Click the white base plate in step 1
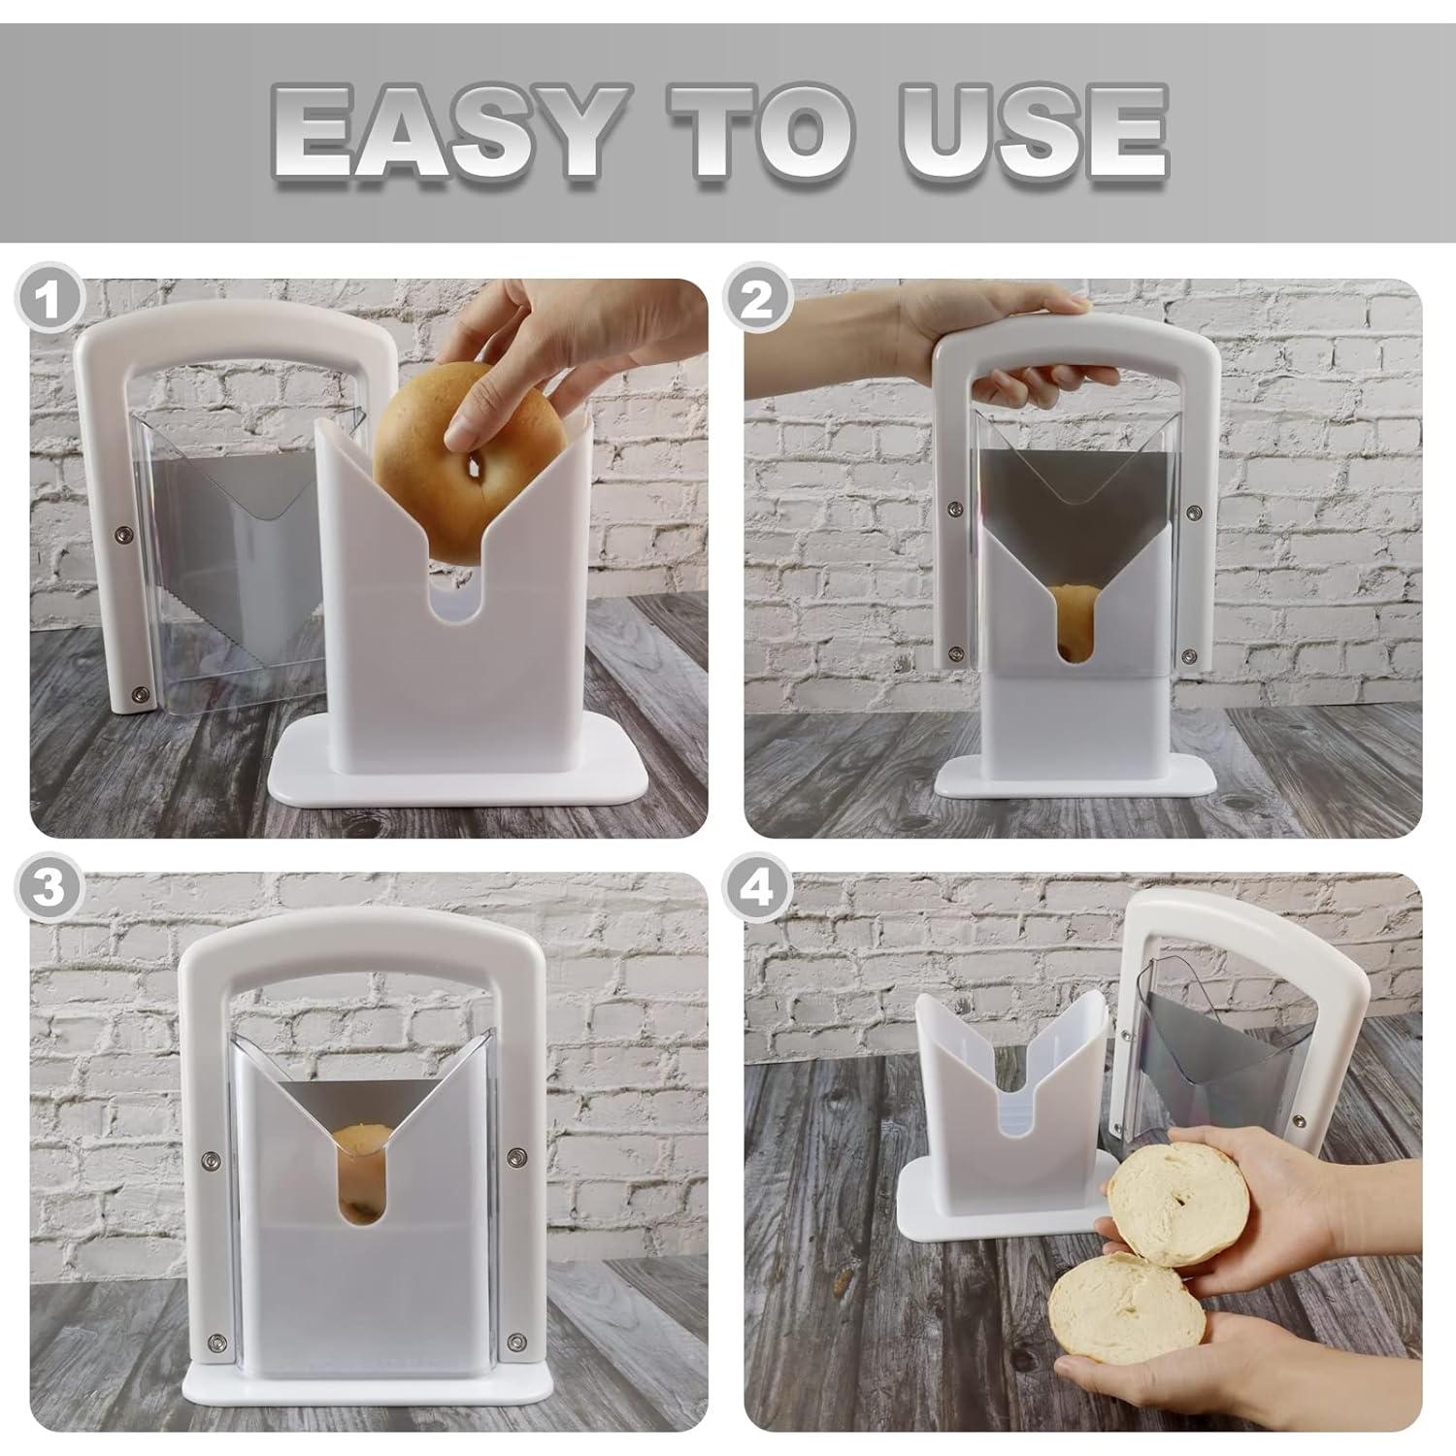[x=456, y=777]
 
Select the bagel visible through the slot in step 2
[x=1070, y=621]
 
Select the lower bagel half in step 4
[x=1126, y=1306]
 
